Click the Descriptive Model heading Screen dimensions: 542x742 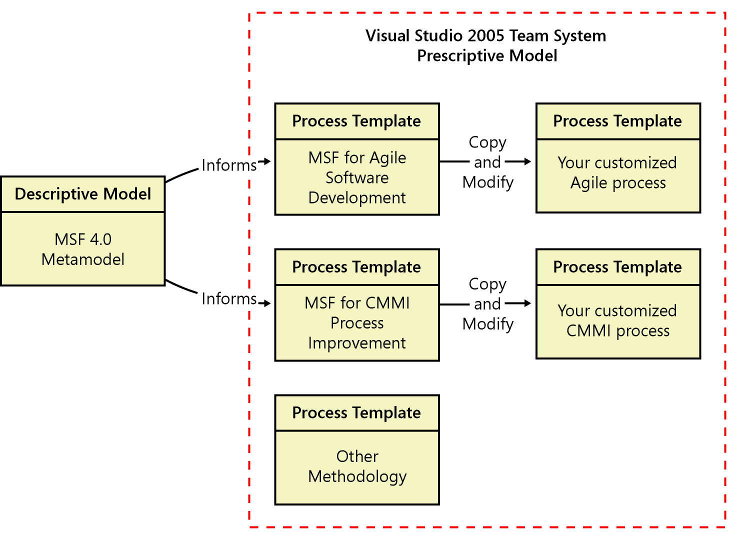coord(83,194)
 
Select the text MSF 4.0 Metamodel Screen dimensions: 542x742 coord(83,249)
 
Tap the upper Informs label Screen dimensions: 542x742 coord(229,165)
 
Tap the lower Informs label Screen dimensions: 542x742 coord(229,298)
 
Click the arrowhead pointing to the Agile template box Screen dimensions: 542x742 coord(267,161)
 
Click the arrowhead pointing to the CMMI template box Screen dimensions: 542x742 coord(267,303)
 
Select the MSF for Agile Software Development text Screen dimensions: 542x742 coord(357,177)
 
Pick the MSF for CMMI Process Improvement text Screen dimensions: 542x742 coord(357,323)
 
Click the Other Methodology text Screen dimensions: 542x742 coord(357,466)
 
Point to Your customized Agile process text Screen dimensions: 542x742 coord(617,172)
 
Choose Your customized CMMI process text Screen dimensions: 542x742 coord(617,320)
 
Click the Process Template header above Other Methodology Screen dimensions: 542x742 coord(356,413)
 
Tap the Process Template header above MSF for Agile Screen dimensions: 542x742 coord(356,121)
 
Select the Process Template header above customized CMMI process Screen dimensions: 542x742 coord(617,267)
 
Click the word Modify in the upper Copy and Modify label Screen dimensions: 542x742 coord(488,182)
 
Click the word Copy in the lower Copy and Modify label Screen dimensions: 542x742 coord(487,284)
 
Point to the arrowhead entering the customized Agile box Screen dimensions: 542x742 coord(527,161)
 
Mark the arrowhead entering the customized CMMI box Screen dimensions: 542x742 coord(527,303)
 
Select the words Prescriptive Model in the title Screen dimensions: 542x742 coord(487,55)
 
